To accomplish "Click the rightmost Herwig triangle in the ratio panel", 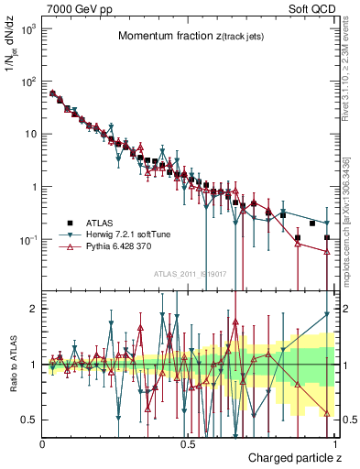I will click(327, 315).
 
